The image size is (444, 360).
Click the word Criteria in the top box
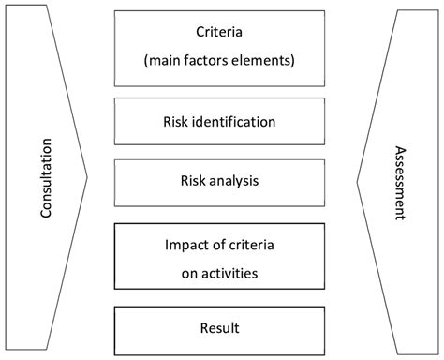(221, 31)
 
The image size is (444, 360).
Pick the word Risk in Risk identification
(175, 121)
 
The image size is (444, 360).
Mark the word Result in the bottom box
(221, 327)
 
